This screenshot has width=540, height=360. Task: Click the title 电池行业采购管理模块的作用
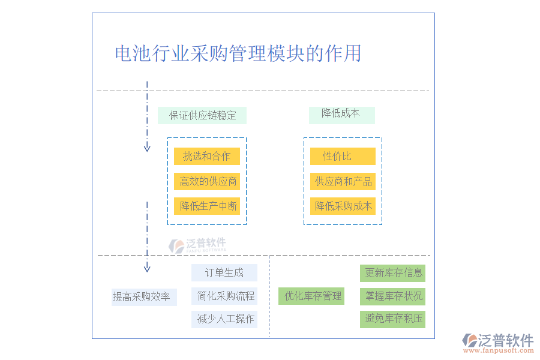pyautogui.click(x=238, y=53)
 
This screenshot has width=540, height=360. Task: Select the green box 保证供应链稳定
pyautogui.click(x=202, y=115)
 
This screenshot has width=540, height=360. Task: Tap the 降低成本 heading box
pyautogui.click(x=341, y=114)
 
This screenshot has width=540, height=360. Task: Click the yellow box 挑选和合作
pyautogui.click(x=207, y=157)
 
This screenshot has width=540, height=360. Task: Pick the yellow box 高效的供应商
pyautogui.click(x=207, y=181)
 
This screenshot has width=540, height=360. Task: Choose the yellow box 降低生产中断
pyautogui.click(x=207, y=206)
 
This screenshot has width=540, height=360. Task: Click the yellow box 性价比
pyautogui.click(x=343, y=157)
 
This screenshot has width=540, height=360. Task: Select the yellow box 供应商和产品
pyautogui.click(x=343, y=181)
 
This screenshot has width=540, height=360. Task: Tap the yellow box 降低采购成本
pyautogui.click(x=343, y=206)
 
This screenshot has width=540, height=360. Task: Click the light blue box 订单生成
pyautogui.click(x=224, y=273)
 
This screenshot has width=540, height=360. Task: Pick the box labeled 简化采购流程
pyautogui.click(x=224, y=296)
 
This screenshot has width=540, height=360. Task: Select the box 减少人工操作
pyautogui.click(x=224, y=319)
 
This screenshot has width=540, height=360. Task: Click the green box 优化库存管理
pyautogui.click(x=311, y=296)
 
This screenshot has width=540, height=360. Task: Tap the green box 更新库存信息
pyautogui.click(x=392, y=273)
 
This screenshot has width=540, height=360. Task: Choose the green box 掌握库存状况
pyautogui.click(x=392, y=296)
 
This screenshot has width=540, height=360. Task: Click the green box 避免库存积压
pyautogui.click(x=392, y=319)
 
